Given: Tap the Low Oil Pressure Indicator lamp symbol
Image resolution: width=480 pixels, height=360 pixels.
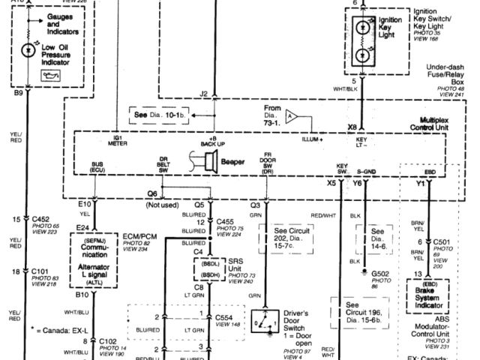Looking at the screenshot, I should coord(28,48).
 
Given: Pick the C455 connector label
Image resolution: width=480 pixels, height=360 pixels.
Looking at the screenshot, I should coord(226,222).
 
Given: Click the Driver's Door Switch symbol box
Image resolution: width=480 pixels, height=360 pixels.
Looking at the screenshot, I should coord(265,324).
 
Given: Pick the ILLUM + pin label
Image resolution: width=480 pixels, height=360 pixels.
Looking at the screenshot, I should coord(310,140).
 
